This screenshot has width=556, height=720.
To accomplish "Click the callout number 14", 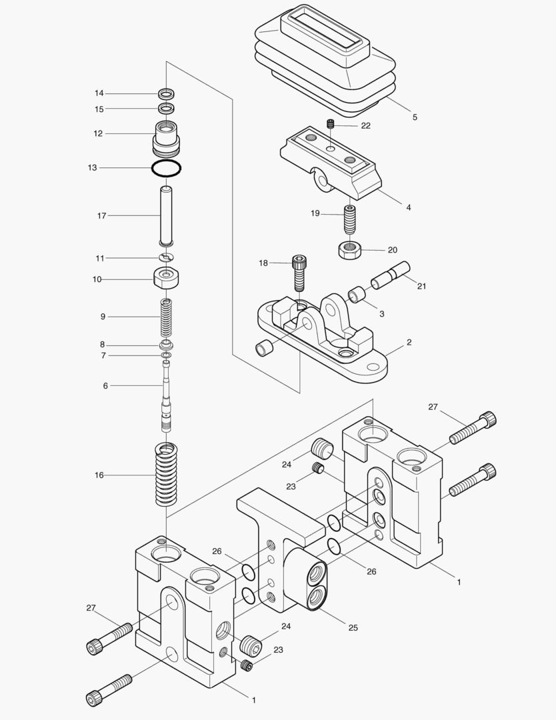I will point(99,93).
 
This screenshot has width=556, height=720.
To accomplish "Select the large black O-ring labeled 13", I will point(166,168).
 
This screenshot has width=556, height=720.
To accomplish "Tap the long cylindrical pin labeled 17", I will point(166,216).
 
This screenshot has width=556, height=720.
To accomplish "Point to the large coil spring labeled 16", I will point(166,475).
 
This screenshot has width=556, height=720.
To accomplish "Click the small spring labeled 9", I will point(166,317).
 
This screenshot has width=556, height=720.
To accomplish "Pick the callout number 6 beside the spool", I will point(105,386).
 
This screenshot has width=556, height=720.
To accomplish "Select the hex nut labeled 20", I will point(349,250).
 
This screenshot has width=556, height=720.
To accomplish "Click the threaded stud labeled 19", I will point(350,219).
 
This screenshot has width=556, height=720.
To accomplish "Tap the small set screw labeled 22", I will point(330,124).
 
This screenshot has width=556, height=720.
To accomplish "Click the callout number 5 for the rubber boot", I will point(415,117).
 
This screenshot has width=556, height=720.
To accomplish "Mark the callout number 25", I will point(353,628).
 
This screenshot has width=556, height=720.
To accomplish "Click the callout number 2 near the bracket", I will point(409,343).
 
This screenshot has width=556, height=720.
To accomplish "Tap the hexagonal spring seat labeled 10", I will point(166,277).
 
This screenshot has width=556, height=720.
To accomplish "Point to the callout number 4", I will point(409,208).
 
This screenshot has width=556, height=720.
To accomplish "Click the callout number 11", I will point(99,258).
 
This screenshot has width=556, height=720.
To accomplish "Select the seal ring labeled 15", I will point(166,108).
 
